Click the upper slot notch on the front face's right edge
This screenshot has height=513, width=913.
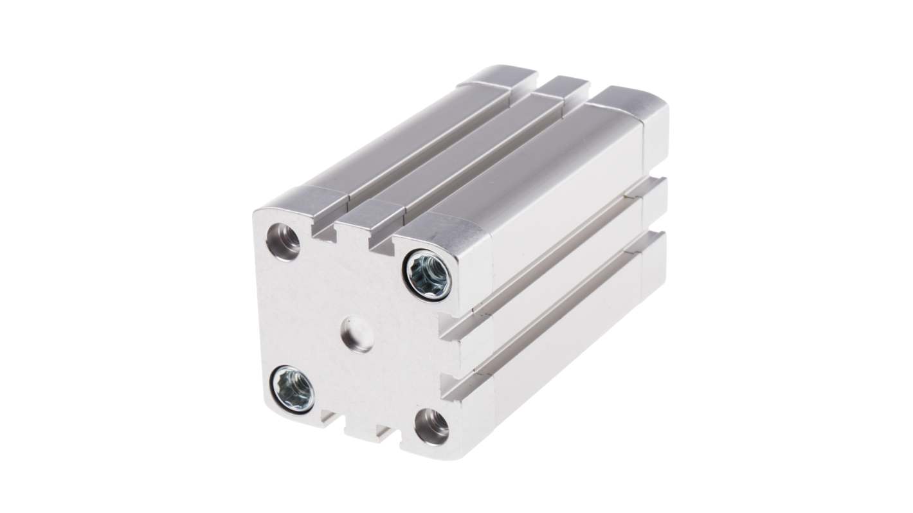[454, 327]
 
